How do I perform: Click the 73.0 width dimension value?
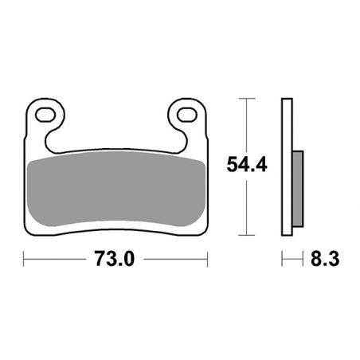point(115,259)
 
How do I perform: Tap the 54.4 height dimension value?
point(247,164)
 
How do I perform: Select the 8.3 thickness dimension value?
point(325,259)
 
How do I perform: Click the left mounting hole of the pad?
point(45,115)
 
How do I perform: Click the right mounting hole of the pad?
point(187,115)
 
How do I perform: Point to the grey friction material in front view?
point(116,189)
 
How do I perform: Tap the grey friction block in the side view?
point(298,189)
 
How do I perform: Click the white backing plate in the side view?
point(287,167)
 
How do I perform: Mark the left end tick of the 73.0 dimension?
point(24,259)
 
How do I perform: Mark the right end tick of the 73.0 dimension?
point(207,259)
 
